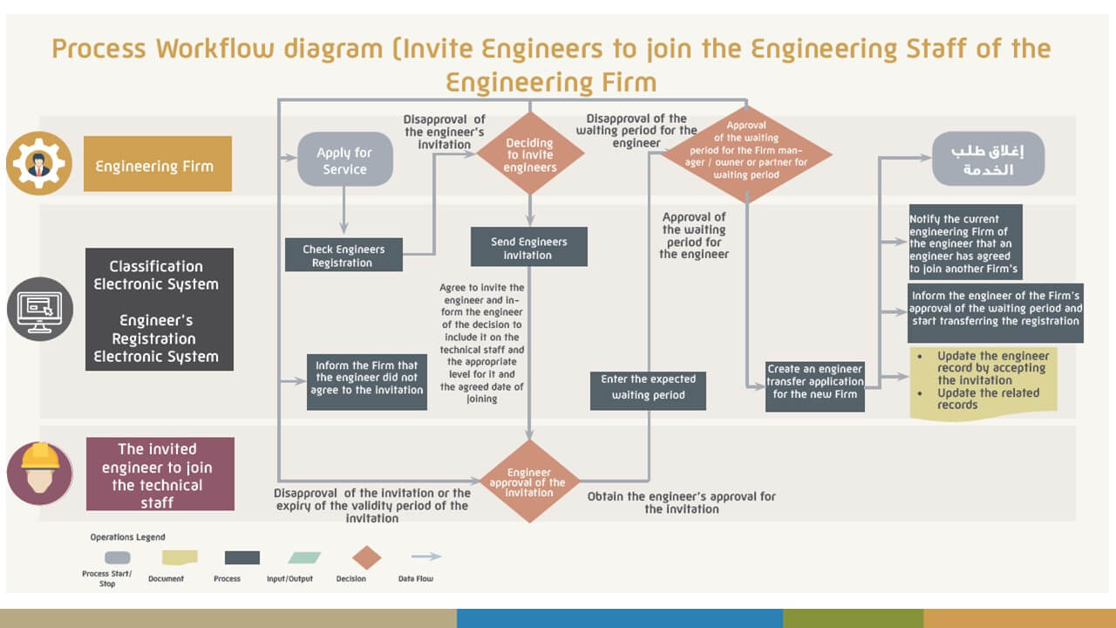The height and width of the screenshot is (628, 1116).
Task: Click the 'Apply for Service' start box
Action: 345,160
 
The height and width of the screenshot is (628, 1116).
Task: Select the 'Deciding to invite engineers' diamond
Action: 529,154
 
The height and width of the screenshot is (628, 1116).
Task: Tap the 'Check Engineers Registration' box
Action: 343,255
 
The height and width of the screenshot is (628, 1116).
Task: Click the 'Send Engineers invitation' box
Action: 528,247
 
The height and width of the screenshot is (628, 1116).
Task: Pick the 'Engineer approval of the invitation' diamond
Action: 529,481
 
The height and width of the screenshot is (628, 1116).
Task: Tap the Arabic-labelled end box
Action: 988,159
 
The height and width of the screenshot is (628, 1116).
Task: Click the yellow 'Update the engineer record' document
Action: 983,381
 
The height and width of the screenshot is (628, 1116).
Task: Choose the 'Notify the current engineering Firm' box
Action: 964,242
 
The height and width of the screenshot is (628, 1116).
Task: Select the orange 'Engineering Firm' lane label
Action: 158,164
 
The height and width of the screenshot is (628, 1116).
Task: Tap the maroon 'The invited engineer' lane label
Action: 160,474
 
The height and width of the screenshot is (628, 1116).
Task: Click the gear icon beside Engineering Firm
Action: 38,164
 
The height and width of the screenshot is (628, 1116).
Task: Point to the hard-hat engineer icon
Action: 39,472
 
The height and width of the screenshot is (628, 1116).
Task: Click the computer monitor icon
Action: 40,309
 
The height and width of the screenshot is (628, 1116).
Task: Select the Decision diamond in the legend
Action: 367,558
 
